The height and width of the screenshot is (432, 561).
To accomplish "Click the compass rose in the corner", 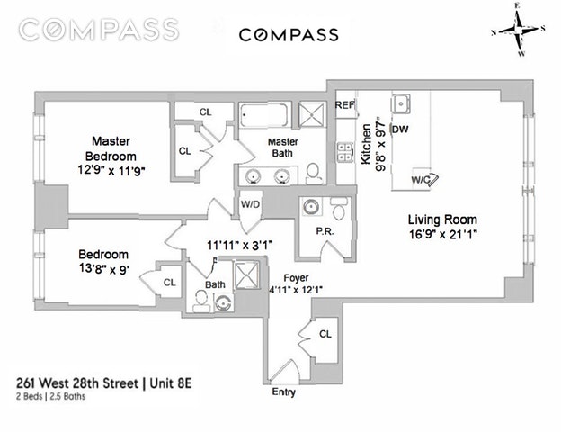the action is [x=519, y=30].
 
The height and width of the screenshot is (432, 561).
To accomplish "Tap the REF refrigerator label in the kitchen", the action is [x=345, y=105].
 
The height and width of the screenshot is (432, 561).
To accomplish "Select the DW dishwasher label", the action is [x=400, y=129].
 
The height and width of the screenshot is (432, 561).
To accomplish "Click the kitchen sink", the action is [x=401, y=103].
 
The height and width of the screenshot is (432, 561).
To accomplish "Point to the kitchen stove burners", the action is [x=345, y=152].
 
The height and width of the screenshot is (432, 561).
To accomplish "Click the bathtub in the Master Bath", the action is [x=263, y=115].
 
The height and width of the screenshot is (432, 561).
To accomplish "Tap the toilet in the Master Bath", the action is [x=314, y=174].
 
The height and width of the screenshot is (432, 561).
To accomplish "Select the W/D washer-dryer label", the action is [x=251, y=204].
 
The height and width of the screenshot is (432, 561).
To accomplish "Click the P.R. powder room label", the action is [x=325, y=232].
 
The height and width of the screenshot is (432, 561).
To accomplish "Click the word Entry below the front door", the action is [x=284, y=391].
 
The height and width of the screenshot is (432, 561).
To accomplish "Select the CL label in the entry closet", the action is [x=325, y=334].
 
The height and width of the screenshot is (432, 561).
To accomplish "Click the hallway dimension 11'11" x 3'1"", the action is [x=240, y=246].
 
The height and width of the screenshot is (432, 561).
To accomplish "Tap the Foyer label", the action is [x=297, y=278].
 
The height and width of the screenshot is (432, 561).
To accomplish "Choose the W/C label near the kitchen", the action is [x=421, y=180].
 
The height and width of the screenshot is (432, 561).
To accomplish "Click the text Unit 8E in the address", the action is [x=171, y=383].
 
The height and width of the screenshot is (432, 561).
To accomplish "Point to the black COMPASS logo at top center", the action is [x=289, y=35].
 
